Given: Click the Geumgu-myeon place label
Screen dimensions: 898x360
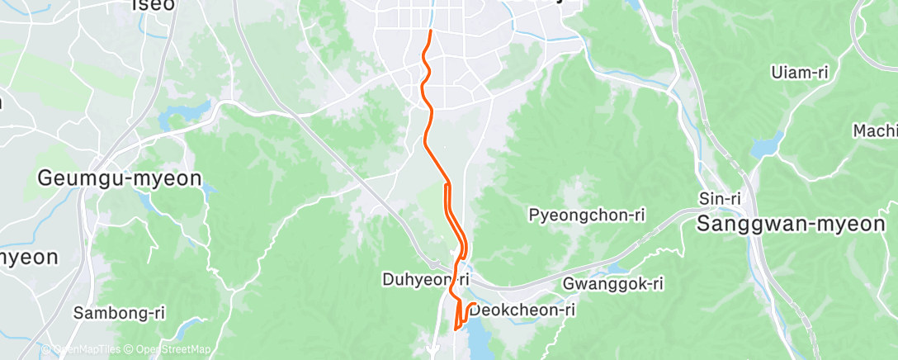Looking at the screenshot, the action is tap(121, 178).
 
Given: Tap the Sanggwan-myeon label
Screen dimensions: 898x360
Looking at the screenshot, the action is tap(796, 223).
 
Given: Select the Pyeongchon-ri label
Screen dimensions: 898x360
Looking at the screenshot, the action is tap(586, 216).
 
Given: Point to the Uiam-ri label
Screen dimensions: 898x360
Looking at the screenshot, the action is tap(799, 72).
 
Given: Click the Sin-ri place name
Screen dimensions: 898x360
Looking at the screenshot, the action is tap(716, 198).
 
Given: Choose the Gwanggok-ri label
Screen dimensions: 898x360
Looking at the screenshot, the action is tap(613, 283).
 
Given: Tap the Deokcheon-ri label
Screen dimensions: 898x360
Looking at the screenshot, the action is tap(522, 310).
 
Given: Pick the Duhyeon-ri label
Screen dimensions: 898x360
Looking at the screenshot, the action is tap(426, 279).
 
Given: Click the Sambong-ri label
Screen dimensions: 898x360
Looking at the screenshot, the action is tap(119, 313).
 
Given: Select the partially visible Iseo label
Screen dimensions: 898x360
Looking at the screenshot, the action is tap(154, 5).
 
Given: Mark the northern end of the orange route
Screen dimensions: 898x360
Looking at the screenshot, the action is tap(430, 31).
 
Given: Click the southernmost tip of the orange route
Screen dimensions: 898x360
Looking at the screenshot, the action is tap(456, 330).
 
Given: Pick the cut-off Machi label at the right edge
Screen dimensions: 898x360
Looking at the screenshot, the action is tap(876, 130).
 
